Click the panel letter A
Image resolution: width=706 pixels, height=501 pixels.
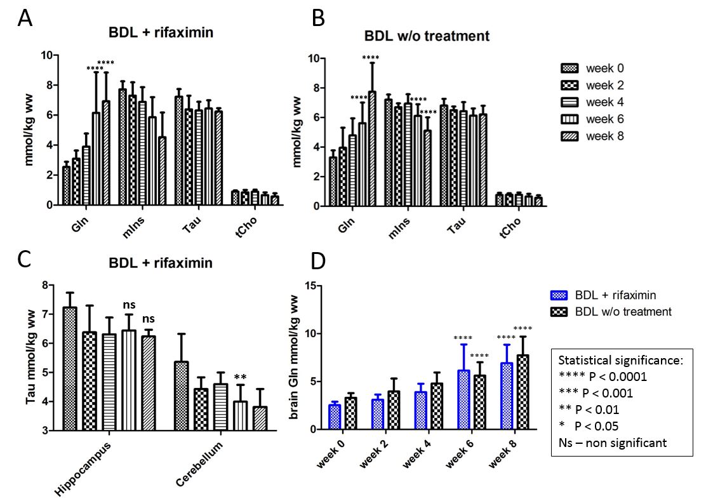[25, 18]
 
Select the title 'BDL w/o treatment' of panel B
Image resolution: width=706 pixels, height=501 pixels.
[427, 36]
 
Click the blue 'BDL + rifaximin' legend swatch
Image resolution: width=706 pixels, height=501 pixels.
[559, 295]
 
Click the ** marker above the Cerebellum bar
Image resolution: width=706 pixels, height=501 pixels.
[240, 378]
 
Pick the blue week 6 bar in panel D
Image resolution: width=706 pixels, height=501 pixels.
[463, 399]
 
